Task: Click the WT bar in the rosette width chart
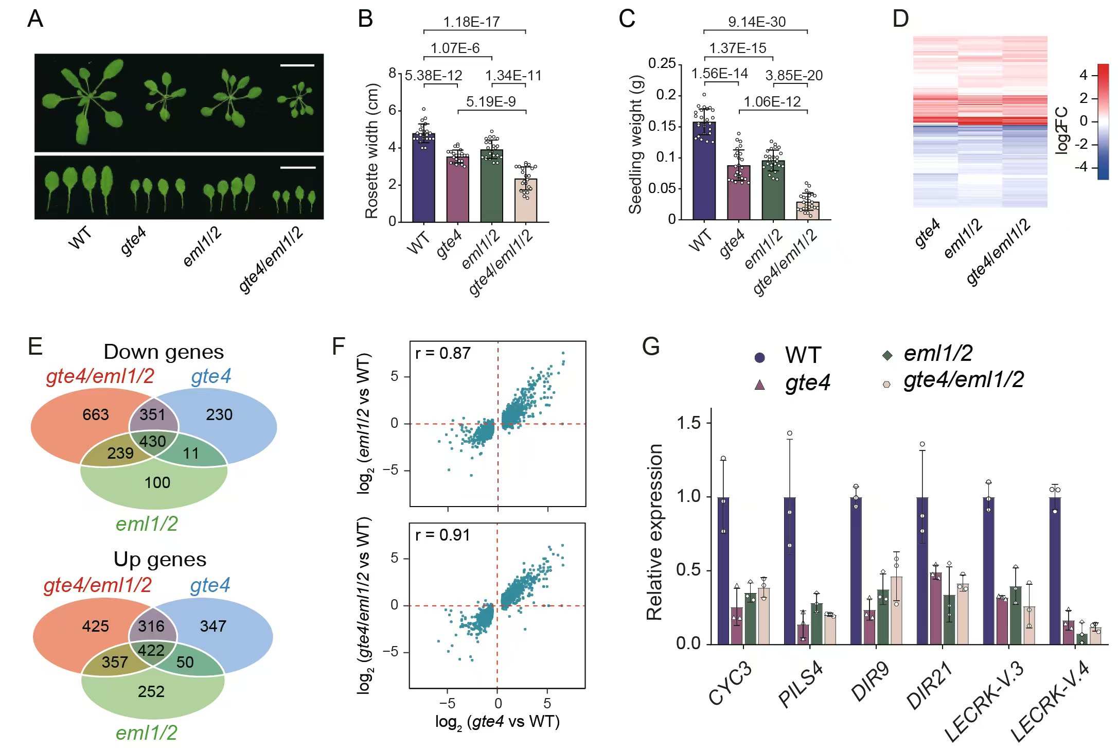423,178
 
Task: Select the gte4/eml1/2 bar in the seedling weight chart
807,211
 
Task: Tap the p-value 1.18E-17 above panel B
471,22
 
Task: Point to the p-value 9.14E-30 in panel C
756,22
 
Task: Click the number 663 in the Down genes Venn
96,414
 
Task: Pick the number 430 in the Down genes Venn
152,441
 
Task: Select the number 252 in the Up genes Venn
151,691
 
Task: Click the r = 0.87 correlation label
442,353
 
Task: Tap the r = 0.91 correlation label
442,535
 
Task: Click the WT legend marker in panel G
759,357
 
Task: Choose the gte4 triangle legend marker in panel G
759,385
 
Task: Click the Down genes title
164,352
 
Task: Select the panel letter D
900,19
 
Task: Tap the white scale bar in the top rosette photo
297,65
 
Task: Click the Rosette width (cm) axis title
371,151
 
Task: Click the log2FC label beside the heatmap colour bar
1061,130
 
